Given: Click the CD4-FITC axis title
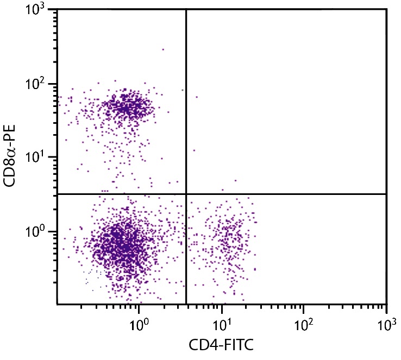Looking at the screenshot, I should point(222,345).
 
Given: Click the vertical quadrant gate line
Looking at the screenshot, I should point(186,109).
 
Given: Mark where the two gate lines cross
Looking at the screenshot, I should point(186,193).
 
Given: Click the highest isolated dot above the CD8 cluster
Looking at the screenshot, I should point(163,49).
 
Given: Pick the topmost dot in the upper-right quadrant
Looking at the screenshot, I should point(197,97).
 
